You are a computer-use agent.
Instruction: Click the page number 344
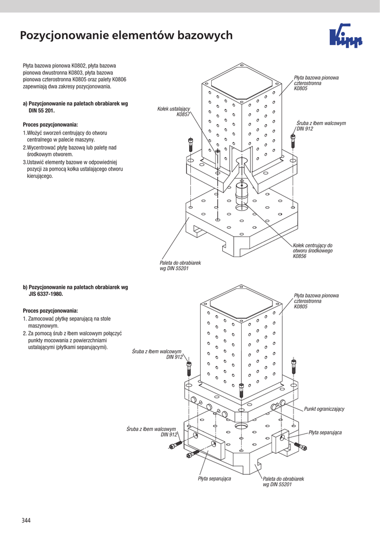[26, 520]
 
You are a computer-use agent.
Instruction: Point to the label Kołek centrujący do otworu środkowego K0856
[312, 251]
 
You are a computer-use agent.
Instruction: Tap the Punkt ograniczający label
[324, 409]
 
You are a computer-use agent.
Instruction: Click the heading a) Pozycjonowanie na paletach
[75, 104]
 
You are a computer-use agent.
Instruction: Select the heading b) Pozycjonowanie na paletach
[75, 287]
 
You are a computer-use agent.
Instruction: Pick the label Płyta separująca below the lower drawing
[214, 478]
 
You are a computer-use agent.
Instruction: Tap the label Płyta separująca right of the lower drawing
[325, 432]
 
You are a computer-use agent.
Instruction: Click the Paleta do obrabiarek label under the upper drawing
[180, 265]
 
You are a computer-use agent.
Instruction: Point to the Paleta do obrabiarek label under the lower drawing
[283, 482]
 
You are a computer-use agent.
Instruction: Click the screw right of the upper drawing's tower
[292, 140]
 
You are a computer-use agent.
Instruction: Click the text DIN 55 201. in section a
[41, 111]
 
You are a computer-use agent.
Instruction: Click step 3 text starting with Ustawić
[72, 170]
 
